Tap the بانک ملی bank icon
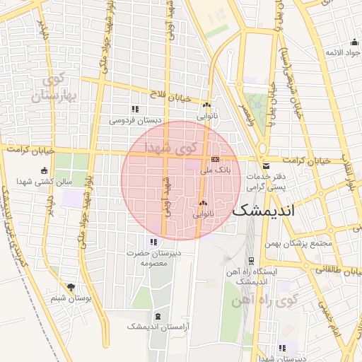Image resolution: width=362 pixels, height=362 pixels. [x=216, y=160]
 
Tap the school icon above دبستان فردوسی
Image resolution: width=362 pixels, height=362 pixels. [x=134, y=109]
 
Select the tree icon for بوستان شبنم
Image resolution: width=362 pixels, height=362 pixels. [x=71, y=286]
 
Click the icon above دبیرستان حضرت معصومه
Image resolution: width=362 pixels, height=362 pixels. [x=153, y=243]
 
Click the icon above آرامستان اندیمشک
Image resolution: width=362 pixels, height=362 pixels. [x=157, y=315]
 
